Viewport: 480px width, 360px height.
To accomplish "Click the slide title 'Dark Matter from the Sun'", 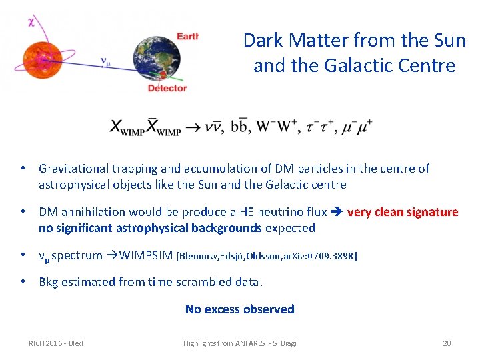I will (x=354, y=41).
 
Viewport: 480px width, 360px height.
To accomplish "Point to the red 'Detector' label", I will (x=167, y=88).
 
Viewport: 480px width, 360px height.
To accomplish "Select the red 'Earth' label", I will (x=187, y=35).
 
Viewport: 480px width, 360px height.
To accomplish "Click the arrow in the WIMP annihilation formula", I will (x=193, y=127).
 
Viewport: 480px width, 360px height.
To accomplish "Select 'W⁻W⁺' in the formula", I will (x=275, y=126).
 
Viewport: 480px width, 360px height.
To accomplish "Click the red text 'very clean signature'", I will (x=403, y=212).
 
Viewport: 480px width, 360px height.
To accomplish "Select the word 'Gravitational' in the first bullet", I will (x=75, y=169).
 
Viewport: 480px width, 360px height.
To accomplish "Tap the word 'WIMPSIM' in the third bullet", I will (x=147, y=255).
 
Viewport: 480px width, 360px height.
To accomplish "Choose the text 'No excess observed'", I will (x=239, y=309).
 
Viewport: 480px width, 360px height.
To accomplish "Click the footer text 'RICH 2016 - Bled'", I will (x=55, y=343).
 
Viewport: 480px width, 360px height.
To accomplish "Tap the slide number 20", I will (x=447, y=343).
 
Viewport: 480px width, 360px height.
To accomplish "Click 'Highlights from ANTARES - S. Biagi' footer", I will (x=240, y=343).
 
